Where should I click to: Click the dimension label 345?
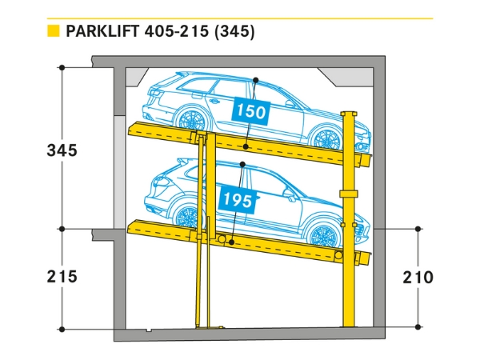[x=62, y=150]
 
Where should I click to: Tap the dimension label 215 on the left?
[x=62, y=277]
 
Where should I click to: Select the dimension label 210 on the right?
[x=418, y=278]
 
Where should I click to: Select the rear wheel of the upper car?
[x=190, y=121]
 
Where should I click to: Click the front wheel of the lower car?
[x=325, y=236]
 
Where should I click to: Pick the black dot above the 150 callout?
[x=255, y=81]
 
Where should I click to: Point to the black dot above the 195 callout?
[x=242, y=165]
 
